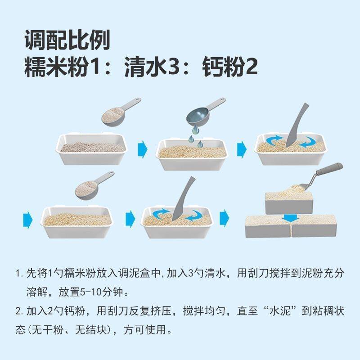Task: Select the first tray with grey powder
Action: pos(92,148)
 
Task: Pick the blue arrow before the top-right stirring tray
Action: pos(242,148)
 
